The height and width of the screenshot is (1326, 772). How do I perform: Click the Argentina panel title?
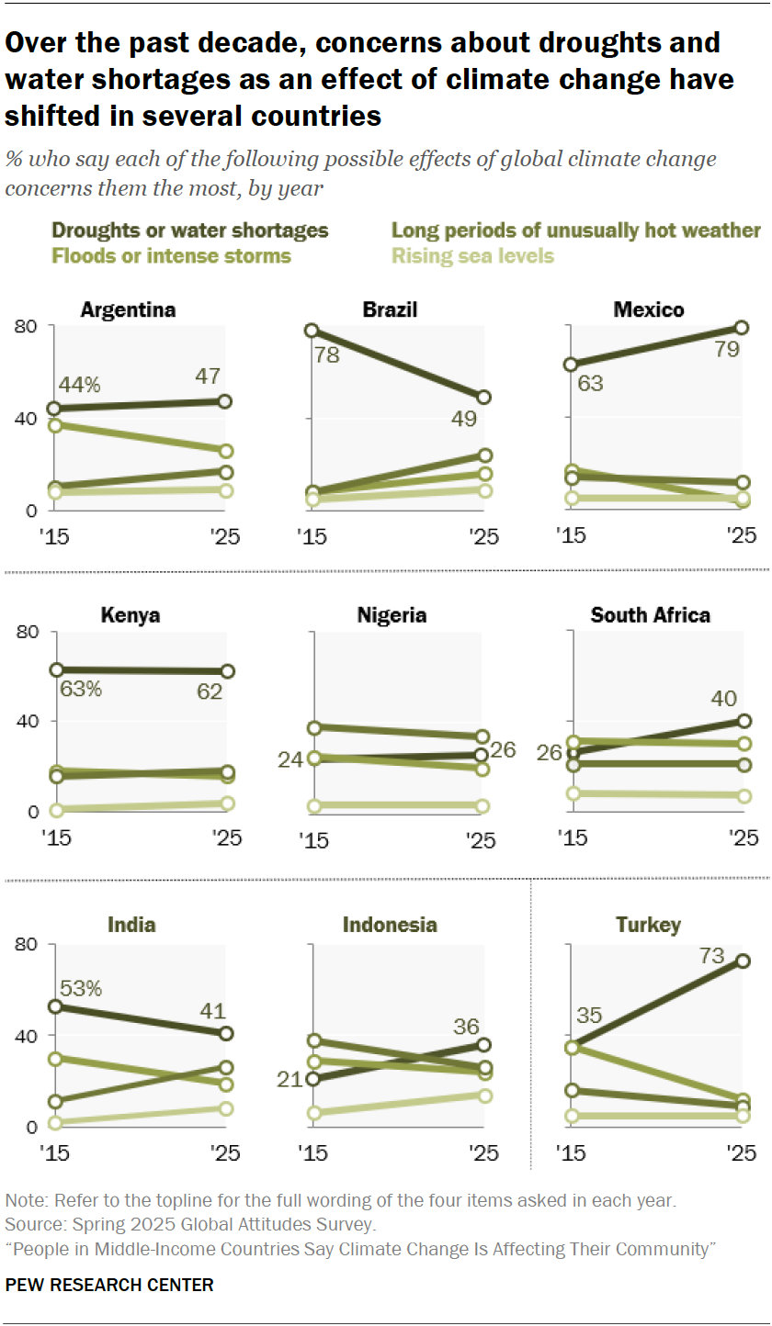pos(128,309)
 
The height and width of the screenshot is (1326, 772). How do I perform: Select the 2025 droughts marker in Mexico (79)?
pos(742,328)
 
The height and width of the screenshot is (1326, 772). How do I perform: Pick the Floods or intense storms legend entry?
pos(171,255)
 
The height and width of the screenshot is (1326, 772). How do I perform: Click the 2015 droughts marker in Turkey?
pos(572,1047)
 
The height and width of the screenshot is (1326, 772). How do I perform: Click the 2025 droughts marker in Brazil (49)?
pos(483,398)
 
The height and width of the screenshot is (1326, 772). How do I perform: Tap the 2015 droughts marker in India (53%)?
pos(54,1006)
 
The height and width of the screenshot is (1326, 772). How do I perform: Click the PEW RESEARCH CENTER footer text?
pos(109,1285)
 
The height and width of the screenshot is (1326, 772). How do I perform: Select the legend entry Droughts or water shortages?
pos(190,230)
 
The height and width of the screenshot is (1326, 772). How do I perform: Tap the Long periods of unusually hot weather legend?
pos(576,230)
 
